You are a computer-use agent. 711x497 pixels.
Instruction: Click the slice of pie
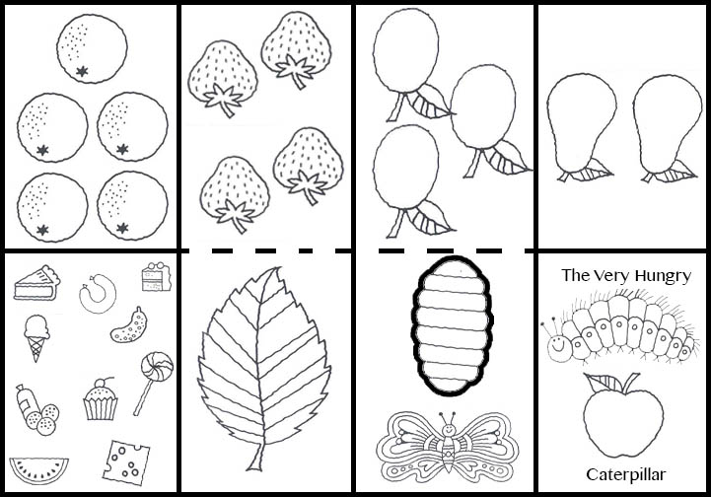click(x=36, y=283)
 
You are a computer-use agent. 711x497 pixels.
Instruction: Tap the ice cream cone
click(x=36, y=337)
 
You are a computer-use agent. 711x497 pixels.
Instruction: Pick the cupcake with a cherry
click(x=101, y=399)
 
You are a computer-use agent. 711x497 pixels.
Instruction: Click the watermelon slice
click(x=39, y=469)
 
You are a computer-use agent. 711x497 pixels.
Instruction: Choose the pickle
click(x=129, y=325)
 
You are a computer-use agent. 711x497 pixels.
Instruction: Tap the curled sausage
click(x=98, y=294)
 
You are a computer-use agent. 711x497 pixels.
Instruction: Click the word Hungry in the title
click(x=663, y=276)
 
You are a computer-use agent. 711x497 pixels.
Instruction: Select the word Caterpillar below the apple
click(x=626, y=474)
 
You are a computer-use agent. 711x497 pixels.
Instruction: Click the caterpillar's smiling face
click(x=558, y=348)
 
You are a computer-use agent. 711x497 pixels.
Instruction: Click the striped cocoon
click(x=452, y=325)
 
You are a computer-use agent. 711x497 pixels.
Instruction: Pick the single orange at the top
click(x=92, y=48)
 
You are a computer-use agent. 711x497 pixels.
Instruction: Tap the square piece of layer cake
click(x=157, y=276)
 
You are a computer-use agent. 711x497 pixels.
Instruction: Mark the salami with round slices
click(x=37, y=410)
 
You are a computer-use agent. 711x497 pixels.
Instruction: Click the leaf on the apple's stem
click(x=604, y=384)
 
